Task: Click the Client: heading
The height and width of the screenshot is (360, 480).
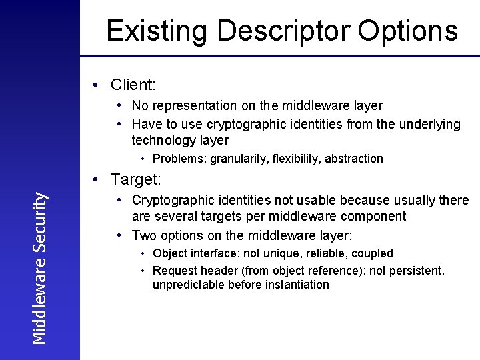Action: point(133,85)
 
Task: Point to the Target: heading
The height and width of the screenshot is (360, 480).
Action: point(135,179)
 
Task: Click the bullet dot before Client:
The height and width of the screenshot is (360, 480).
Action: point(97,85)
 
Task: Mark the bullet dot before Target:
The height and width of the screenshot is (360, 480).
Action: point(97,179)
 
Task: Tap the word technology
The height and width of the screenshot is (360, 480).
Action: point(162,140)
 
